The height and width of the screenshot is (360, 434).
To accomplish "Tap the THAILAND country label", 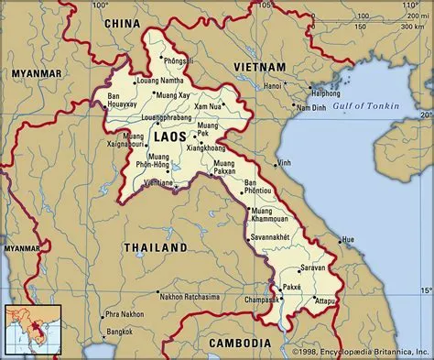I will (x=156, y=247).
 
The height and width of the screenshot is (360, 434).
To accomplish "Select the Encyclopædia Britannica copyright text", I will (x=362, y=352).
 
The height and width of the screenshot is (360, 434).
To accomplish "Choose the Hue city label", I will (x=348, y=240).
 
